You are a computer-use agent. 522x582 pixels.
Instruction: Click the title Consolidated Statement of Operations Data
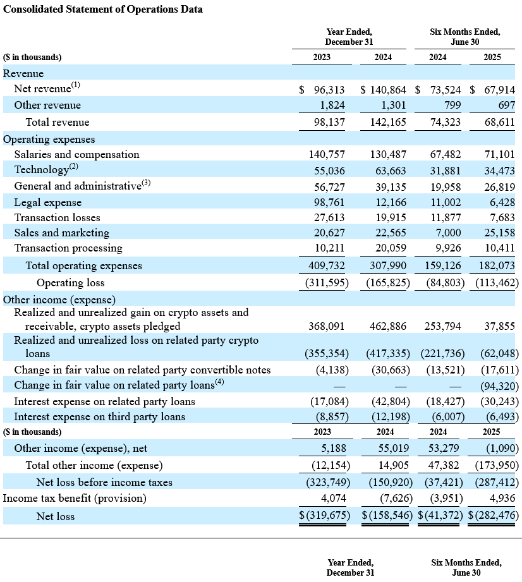pos(103,9)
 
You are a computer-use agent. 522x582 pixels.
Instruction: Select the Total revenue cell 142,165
pos(388,122)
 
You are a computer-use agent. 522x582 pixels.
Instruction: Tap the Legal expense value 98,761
pos(329,202)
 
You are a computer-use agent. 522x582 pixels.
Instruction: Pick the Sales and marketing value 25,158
pos(499,233)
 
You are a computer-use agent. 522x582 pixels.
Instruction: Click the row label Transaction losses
pos(57,217)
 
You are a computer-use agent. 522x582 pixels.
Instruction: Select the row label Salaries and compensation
pos(77,154)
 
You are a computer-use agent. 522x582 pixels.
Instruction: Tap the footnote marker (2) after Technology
pos(73,166)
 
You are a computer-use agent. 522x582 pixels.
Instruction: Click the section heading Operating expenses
pos(49,140)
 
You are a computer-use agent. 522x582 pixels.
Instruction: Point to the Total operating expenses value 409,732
pos(326,266)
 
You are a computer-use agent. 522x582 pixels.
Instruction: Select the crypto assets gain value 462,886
pos(388,326)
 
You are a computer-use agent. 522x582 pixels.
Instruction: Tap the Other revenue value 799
pos(452,105)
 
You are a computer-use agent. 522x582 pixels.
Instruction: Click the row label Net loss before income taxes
pos(104,483)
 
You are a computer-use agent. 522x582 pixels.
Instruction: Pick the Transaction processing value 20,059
pos(391,248)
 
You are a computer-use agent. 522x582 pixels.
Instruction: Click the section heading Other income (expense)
pos(59,300)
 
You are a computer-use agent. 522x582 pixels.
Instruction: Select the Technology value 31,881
pos(446,171)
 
